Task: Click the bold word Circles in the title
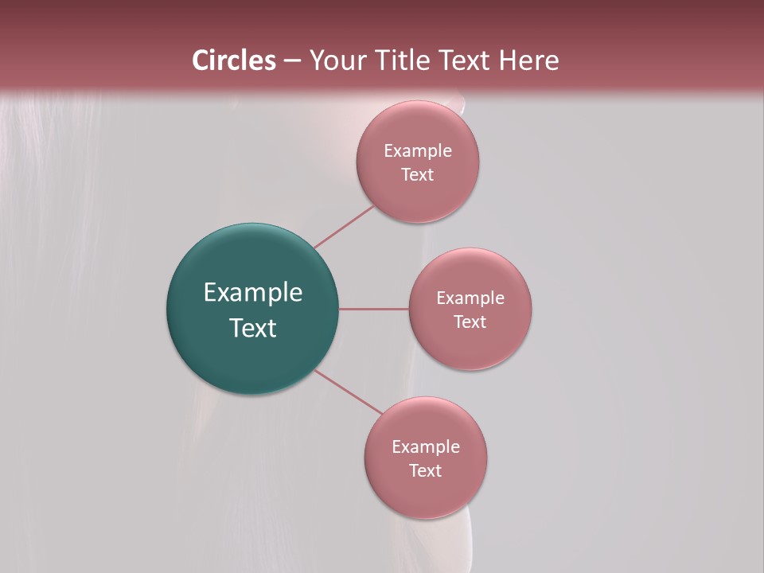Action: [233, 60]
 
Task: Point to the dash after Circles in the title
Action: [292, 61]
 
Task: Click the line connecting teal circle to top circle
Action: [344, 227]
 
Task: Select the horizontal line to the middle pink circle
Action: [374, 309]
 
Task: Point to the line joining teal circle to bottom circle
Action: [348, 392]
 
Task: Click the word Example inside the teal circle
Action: [253, 293]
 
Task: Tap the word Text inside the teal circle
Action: [253, 328]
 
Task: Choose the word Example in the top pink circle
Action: [418, 150]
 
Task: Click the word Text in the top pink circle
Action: [417, 174]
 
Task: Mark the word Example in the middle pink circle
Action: [470, 298]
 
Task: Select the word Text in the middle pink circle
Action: [470, 322]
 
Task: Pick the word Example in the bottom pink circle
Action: [426, 446]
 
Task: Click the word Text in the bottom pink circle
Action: [425, 470]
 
